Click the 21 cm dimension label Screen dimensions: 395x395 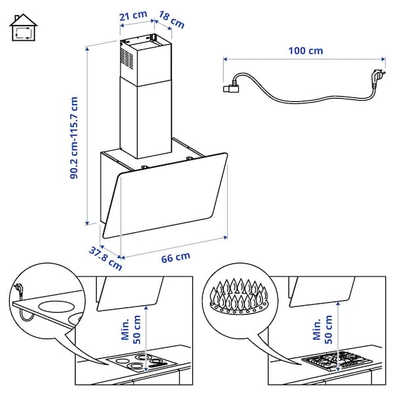click(134, 15)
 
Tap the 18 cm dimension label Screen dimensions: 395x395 click(173, 20)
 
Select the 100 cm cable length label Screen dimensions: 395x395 click(305, 51)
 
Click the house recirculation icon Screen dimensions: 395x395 click(23, 27)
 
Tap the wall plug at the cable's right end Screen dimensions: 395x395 click(378, 78)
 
